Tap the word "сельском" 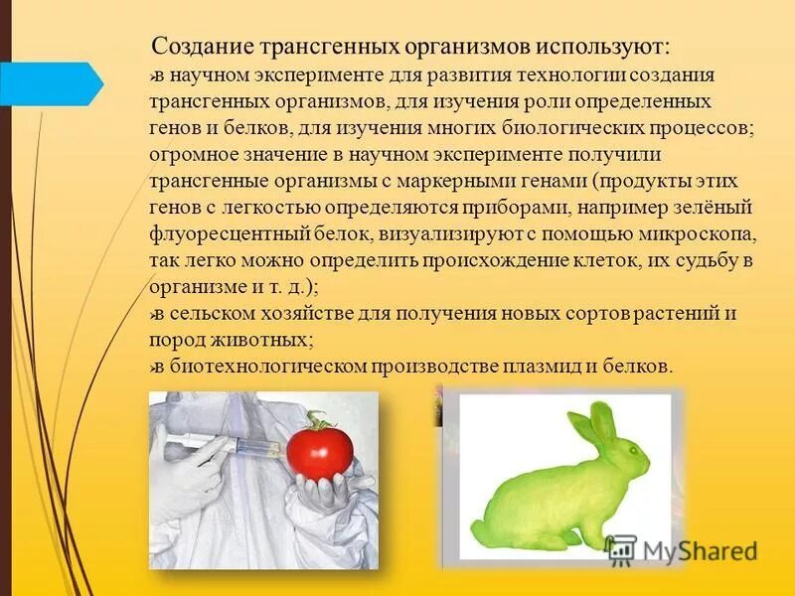(x=207, y=314)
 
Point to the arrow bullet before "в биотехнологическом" (x=153, y=368)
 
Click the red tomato (x=321, y=449)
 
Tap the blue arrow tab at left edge (x=50, y=83)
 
